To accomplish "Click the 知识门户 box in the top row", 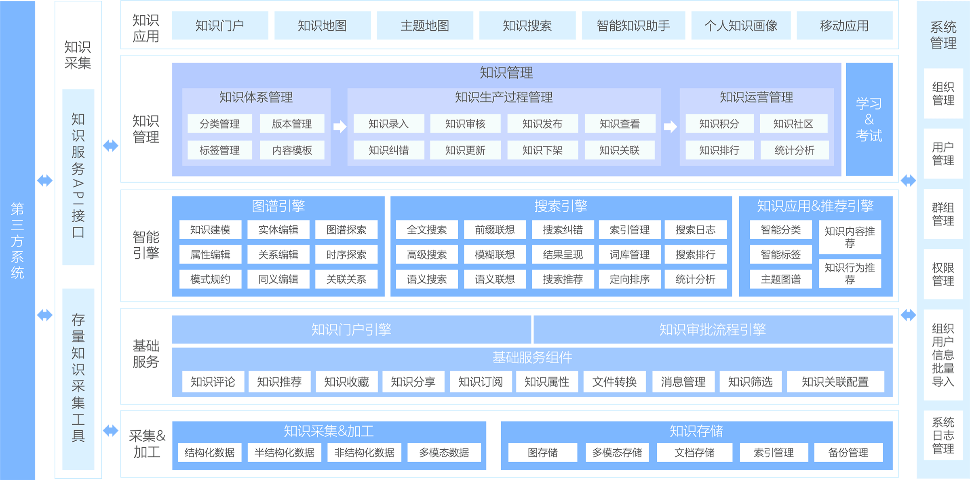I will (x=220, y=25).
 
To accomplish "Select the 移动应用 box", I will (x=844, y=25).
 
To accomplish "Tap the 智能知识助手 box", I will (x=633, y=25).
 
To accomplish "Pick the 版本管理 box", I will (x=292, y=124).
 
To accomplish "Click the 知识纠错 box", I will (x=389, y=150).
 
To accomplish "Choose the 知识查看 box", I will (x=620, y=124).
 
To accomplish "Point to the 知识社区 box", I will (x=793, y=124).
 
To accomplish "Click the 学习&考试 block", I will (x=869, y=119).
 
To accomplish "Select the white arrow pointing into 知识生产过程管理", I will (x=340, y=126).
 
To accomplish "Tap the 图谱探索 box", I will (x=346, y=230).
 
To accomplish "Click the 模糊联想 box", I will (x=495, y=255).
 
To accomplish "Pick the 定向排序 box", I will (x=630, y=279).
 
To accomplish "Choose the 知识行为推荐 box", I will (x=850, y=274).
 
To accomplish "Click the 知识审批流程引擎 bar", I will (x=713, y=330).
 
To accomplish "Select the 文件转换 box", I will (x=614, y=382).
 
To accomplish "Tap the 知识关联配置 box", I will (x=835, y=382).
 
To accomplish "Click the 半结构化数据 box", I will (x=285, y=453).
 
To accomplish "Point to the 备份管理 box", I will (x=848, y=453).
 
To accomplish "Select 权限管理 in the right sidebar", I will (x=943, y=274).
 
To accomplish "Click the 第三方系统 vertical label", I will (x=17, y=240).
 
